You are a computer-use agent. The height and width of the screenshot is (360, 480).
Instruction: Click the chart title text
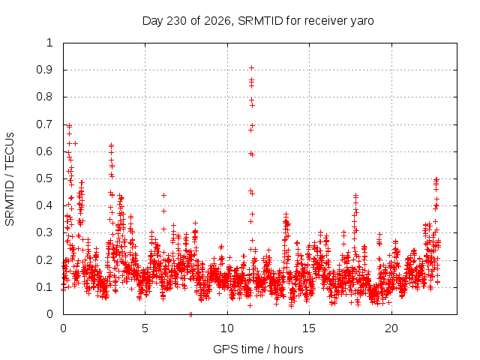[x=258, y=21]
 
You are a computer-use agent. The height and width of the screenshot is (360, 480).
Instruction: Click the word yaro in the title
[x=362, y=22]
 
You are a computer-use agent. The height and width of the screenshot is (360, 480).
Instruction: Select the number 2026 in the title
[x=217, y=21]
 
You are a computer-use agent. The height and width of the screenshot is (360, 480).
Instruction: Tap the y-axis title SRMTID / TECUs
[x=10, y=179]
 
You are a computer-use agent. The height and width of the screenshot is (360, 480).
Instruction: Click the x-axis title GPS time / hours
[x=258, y=349]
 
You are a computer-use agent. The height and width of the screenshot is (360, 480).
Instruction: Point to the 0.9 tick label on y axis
[x=44, y=70]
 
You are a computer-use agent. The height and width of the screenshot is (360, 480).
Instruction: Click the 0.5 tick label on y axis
[x=44, y=178]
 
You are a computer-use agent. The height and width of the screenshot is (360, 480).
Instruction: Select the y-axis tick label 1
[x=50, y=43]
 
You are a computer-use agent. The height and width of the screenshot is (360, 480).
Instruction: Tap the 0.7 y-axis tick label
[x=44, y=124]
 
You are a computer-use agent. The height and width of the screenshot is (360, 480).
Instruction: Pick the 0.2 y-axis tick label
[x=44, y=260]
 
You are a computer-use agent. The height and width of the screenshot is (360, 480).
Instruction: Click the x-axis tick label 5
[x=145, y=328]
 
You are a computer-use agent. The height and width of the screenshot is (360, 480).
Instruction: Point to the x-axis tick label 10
[x=227, y=328]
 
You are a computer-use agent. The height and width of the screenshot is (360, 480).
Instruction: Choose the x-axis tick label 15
[x=309, y=328]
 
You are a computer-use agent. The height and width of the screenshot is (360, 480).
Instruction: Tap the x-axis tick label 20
[x=391, y=328]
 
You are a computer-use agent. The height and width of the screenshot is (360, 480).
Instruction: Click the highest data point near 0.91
[x=252, y=67]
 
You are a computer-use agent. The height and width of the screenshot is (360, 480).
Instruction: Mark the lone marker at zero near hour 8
[x=190, y=314]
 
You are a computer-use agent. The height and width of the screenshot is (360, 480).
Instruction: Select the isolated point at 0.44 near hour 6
[x=163, y=195]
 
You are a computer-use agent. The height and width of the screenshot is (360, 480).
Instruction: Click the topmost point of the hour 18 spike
[x=355, y=195]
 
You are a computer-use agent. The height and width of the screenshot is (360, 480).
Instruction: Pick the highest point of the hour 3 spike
[x=112, y=145]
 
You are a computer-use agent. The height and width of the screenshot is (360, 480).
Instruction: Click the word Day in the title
[x=153, y=22]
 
